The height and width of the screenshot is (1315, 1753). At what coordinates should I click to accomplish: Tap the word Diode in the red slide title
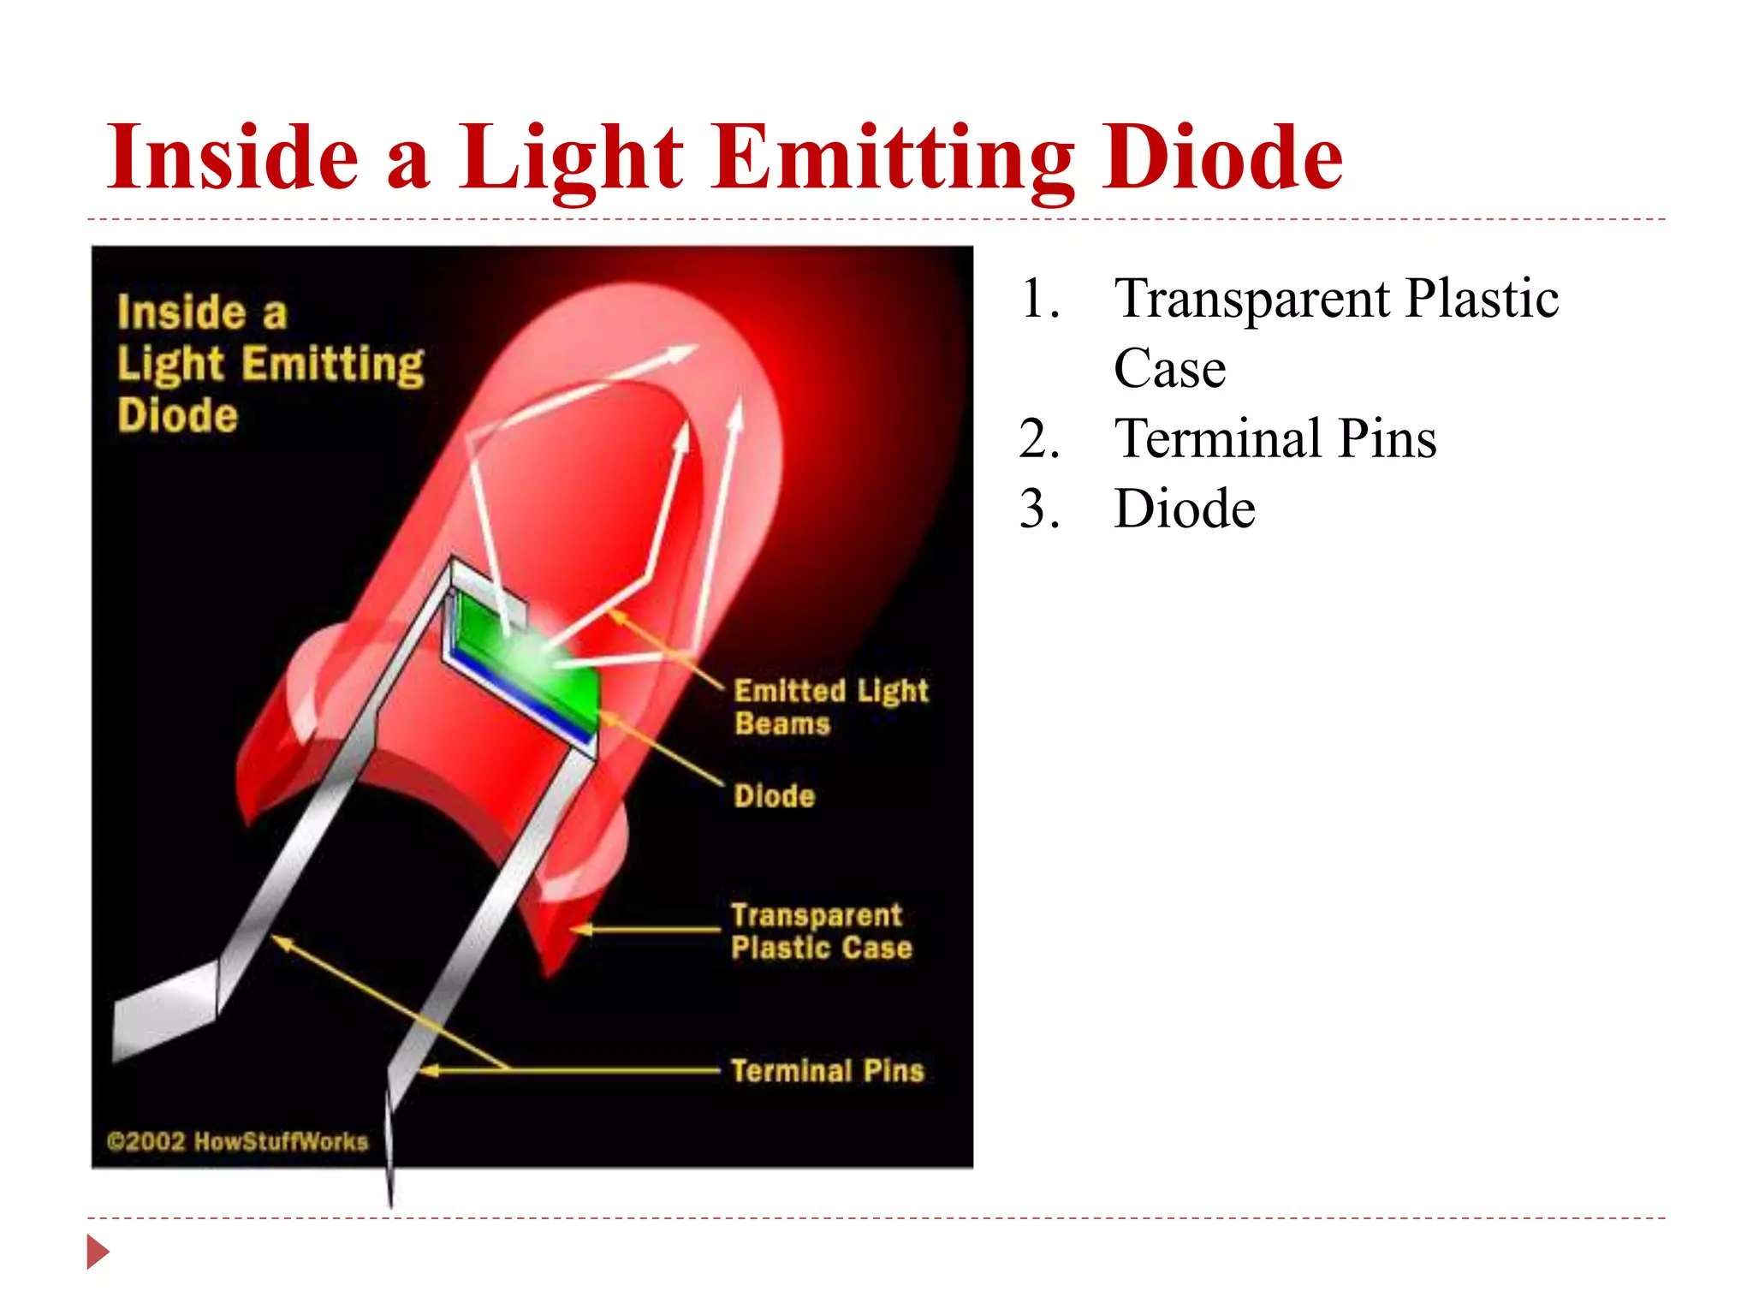[x=1221, y=157]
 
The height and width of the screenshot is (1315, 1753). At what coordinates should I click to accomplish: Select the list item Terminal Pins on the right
[x=1275, y=438]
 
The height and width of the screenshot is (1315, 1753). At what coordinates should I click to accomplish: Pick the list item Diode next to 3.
[x=1185, y=509]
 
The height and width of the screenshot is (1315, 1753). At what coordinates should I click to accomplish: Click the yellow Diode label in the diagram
[x=774, y=796]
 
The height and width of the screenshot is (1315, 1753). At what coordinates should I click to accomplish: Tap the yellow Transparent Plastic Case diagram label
[x=820, y=931]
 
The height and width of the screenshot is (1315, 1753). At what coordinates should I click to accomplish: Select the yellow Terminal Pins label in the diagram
[x=827, y=1071]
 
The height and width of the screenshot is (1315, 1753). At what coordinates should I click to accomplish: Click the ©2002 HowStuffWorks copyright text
[x=237, y=1141]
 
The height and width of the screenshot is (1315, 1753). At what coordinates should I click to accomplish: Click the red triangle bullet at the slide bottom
[x=98, y=1252]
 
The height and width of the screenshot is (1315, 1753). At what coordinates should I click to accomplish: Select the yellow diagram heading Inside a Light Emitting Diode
[x=270, y=363]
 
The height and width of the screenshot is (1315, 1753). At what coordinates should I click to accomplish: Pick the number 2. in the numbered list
[x=1040, y=438]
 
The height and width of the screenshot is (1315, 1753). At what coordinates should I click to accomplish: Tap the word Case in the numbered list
[x=1169, y=369]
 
